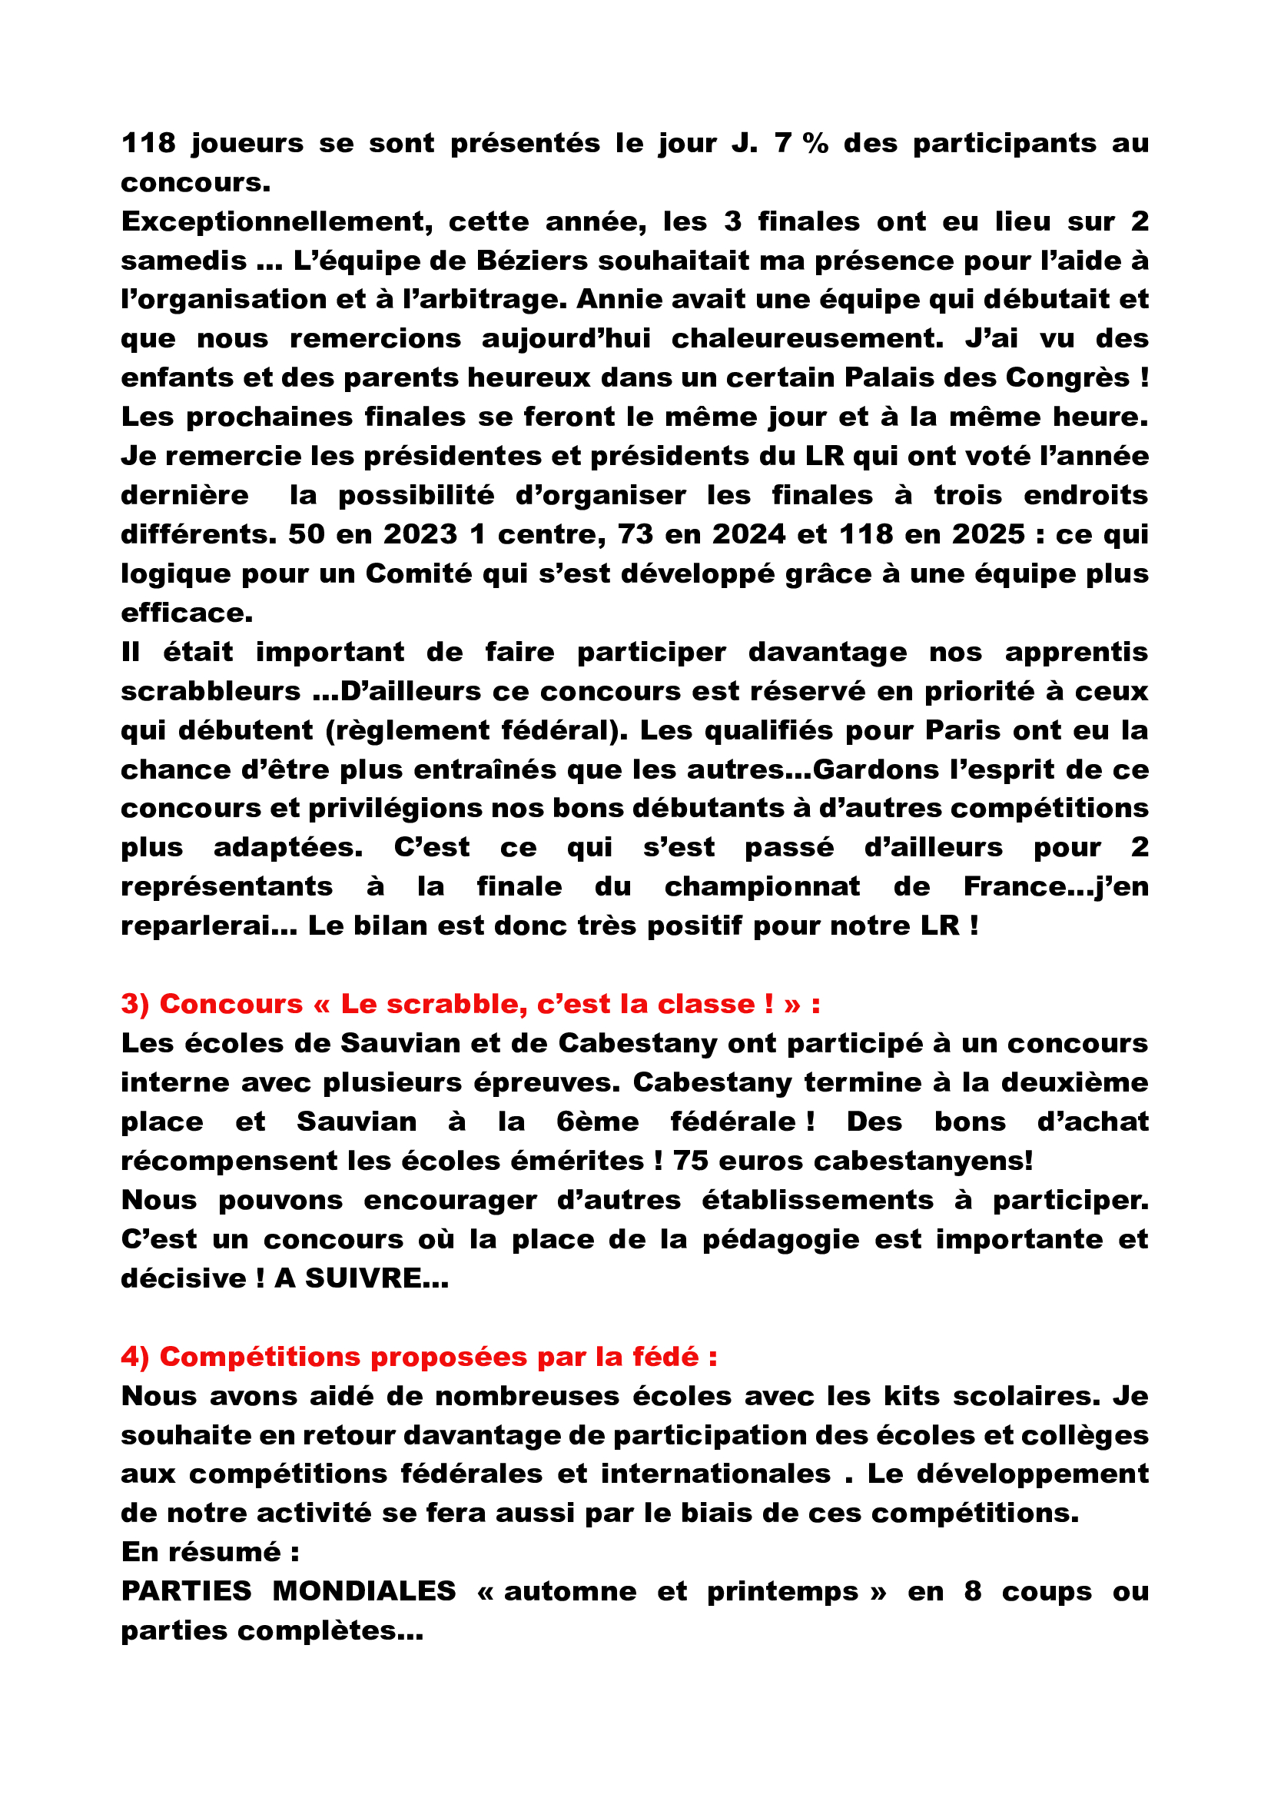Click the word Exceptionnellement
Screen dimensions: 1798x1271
[x=277, y=222]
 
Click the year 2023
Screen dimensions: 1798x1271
[x=420, y=535]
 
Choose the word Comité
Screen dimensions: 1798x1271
[x=419, y=574]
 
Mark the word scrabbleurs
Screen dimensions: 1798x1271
[x=211, y=692]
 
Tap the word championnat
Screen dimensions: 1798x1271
[x=762, y=886]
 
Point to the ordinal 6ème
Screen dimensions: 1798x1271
[x=597, y=1122]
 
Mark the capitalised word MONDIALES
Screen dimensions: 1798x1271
[x=364, y=1591]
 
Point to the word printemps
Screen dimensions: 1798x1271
[x=782, y=1591]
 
